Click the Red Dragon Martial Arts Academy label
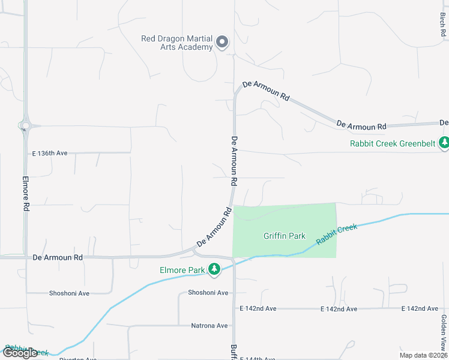click(x=177, y=43)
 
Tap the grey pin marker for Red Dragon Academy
click(x=222, y=42)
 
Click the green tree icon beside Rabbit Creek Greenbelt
click(x=444, y=143)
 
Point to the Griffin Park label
click(x=285, y=236)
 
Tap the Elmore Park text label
click(x=182, y=270)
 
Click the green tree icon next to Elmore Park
click(x=214, y=270)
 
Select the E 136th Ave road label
click(x=52, y=154)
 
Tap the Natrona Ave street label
click(x=209, y=325)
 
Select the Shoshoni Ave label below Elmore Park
click(x=208, y=293)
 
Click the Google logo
click(x=20, y=353)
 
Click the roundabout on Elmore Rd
click(x=24, y=125)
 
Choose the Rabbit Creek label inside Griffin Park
click(x=337, y=233)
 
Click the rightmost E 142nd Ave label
click(x=420, y=308)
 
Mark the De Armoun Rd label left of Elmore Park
click(x=58, y=257)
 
